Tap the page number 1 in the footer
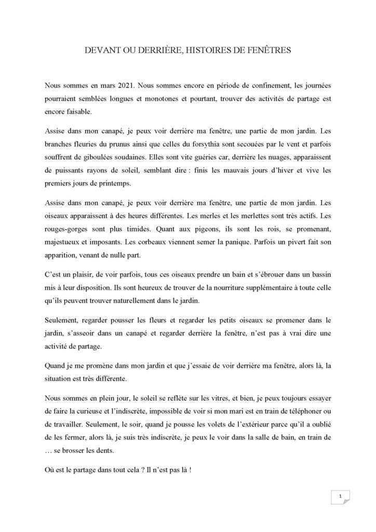click(x=339, y=497)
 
